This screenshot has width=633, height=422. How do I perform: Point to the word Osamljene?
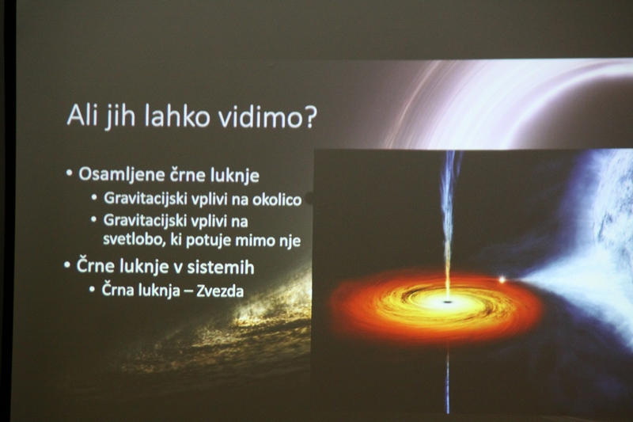[x=122, y=174]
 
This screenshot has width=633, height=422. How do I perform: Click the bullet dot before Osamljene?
[x=69, y=173]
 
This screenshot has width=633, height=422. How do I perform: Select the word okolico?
[x=277, y=200]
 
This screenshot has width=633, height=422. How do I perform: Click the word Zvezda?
[x=220, y=291]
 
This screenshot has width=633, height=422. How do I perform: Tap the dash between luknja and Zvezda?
[x=188, y=291]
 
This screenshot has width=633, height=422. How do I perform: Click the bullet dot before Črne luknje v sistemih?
[x=67, y=265]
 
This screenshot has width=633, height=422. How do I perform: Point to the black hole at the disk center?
[x=446, y=302]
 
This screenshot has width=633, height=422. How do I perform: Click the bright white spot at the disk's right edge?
[x=502, y=279]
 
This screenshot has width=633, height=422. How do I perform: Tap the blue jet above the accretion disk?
[x=449, y=222]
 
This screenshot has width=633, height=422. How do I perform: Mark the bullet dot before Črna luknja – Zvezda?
[x=93, y=289]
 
